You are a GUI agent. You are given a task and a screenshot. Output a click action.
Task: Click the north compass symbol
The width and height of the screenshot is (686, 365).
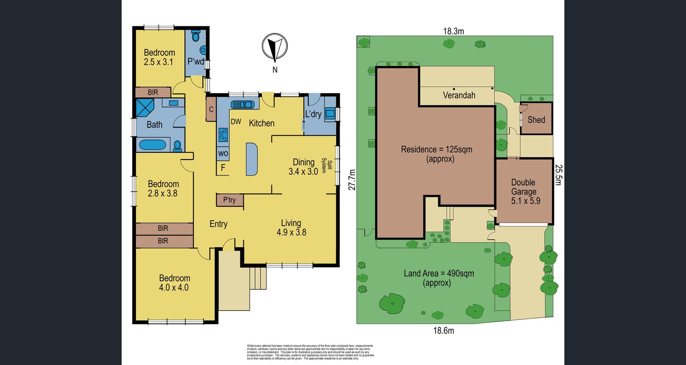point(275,47)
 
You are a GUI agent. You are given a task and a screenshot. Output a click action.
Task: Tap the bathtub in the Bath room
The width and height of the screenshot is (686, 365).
point(152,145)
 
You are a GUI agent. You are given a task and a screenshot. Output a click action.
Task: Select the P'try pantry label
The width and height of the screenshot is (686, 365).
point(229,200)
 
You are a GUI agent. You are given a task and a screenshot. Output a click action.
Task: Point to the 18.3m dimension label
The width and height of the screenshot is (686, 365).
point(454,31)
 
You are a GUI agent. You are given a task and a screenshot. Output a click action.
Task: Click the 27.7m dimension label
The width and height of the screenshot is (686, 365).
point(352,180)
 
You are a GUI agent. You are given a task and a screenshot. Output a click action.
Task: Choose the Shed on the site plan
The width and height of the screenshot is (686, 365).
point(536,119)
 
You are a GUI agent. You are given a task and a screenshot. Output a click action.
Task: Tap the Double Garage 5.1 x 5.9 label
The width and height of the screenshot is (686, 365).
point(524,192)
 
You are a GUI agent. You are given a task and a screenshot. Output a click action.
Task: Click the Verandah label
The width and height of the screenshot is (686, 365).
point(459,95)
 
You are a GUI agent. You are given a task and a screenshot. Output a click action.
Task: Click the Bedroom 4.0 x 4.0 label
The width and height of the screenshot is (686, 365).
point(174,283)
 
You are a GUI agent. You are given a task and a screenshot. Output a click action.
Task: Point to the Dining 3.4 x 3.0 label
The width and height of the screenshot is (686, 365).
point(303,166)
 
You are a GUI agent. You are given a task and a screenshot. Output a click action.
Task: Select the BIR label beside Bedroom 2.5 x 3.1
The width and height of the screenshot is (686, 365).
point(153,93)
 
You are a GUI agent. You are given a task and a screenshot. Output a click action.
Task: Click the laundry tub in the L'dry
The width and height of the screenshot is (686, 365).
point(330,114)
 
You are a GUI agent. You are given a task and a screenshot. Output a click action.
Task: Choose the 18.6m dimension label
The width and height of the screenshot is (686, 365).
point(444,331)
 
